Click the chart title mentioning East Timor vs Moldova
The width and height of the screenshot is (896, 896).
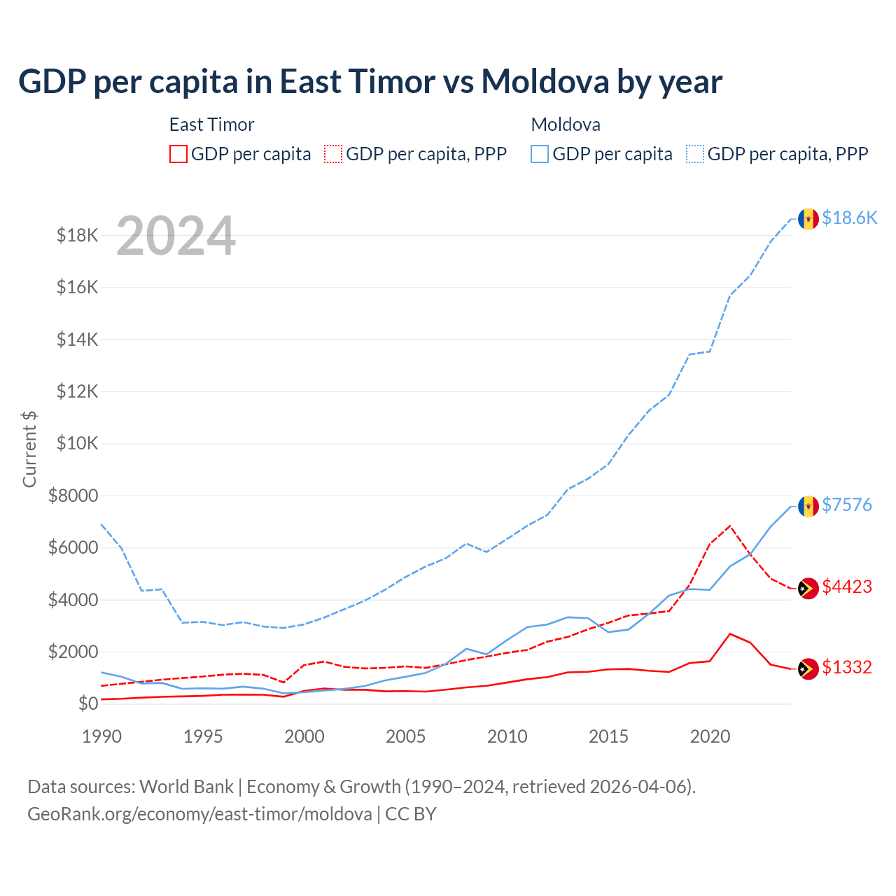(x=370, y=82)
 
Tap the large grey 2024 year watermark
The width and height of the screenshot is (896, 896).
(x=176, y=236)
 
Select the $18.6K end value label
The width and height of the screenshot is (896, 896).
(x=849, y=218)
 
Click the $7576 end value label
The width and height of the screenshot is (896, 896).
(x=846, y=505)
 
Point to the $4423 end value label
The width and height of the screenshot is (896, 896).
(x=846, y=587)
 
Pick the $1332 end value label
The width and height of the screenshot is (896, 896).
(x=846, y=667)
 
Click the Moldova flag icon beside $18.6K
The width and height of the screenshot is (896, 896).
(x=808, y=218)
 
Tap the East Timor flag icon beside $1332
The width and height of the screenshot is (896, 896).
(x=808, y=668)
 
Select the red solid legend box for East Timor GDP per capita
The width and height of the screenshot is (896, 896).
(x=178, y=154)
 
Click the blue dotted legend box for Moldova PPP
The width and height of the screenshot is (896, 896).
(x=695, y=154)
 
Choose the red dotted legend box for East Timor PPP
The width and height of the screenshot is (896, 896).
(x=333, y=154)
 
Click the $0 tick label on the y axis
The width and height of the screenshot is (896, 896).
(x=87, y=703)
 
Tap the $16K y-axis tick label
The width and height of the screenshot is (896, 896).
(x=78, y=288)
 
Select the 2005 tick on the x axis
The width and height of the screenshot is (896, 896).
(x=406, y=736)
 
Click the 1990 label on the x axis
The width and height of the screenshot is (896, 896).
(x=102, y=736)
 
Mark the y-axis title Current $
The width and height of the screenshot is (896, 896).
(x=29, y=449)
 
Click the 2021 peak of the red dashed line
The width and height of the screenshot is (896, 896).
(x=730, y=525)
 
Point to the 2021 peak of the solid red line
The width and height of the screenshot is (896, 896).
(x=730, y=633)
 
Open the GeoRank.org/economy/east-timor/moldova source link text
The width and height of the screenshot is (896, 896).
(x=199, y=814)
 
